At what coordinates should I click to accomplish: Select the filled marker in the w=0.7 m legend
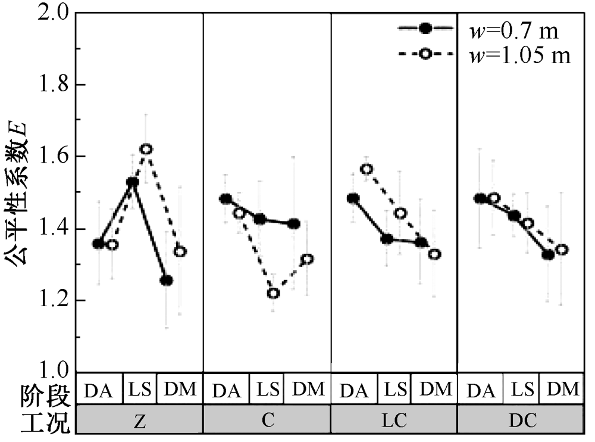click(425, 28)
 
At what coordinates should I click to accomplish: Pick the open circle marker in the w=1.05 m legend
click(425, 54)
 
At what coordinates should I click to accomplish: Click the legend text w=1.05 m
click(520, 55)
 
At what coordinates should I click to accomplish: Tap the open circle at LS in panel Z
click(146, 149)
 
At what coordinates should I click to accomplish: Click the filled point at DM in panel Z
click(166, 281)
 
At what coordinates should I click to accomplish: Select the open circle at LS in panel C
click(273, 294)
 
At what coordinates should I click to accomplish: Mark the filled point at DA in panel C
click(226, 199)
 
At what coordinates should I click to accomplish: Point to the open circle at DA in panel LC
click(367, 169)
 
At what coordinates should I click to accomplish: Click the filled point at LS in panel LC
click(387, 239)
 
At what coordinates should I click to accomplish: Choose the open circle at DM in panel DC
click(562, 250)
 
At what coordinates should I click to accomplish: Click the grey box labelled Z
click(140, 419)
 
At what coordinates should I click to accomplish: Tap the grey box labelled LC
click(394, 419)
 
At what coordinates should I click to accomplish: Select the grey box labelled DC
click(520, 419)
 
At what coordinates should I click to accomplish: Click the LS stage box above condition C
click(267, 388)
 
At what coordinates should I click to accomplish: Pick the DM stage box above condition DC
click(562, 388)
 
